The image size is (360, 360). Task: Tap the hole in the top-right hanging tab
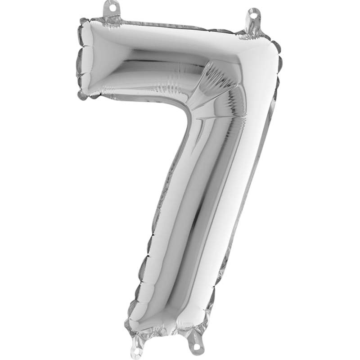(x=253, y=16)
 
